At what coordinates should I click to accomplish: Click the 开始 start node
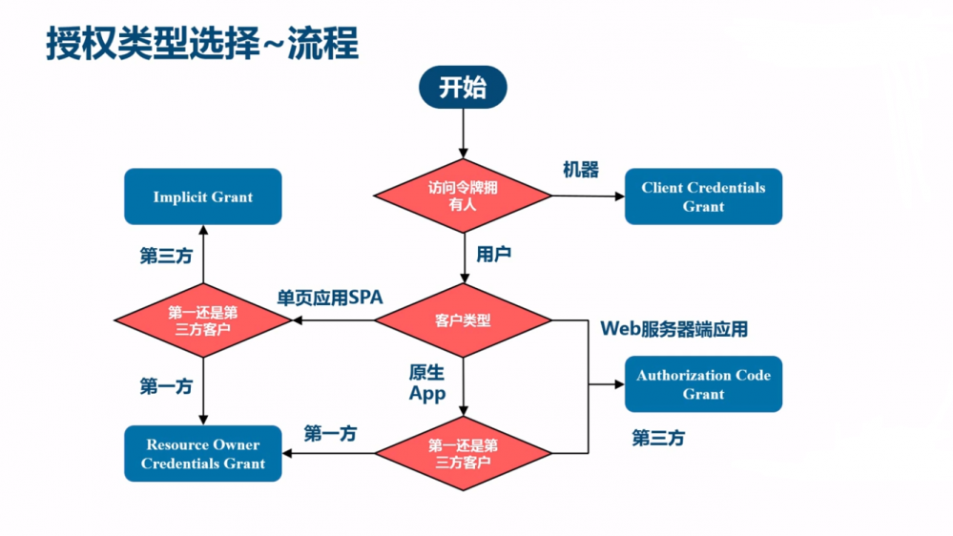pyautogui.click(x=463, y=89)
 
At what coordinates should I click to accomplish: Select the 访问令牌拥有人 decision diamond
pyautogui.click(x=463, y=196)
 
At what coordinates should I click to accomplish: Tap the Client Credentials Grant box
pyautogui.click(x=703, y=196)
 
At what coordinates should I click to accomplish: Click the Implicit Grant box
pyautogui.click(x=203, y=197)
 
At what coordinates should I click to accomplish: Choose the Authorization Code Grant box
pyautogui.click(x=703, y=384)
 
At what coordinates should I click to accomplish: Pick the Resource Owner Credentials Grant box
pyautogui.click(x=203, y=454)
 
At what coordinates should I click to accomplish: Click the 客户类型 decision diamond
pyautogui.click(x=463, y=320)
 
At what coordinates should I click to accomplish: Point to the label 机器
pyautogui.click(x=581, y=170)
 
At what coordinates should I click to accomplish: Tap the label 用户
pyautogui.click(x=494, y=254)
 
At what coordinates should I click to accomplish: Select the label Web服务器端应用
pyautogui.click(x=673, y=329)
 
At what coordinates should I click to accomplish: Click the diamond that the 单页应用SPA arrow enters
pyautogui.click(x=203, y=320)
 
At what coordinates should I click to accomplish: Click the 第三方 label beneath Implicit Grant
pyautogui.click(x=166, y=256)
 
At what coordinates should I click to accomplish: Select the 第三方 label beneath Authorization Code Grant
pyautogui.click(x=658, y=438)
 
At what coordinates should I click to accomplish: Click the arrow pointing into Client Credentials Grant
pyautogui.click(x=588, y=196)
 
